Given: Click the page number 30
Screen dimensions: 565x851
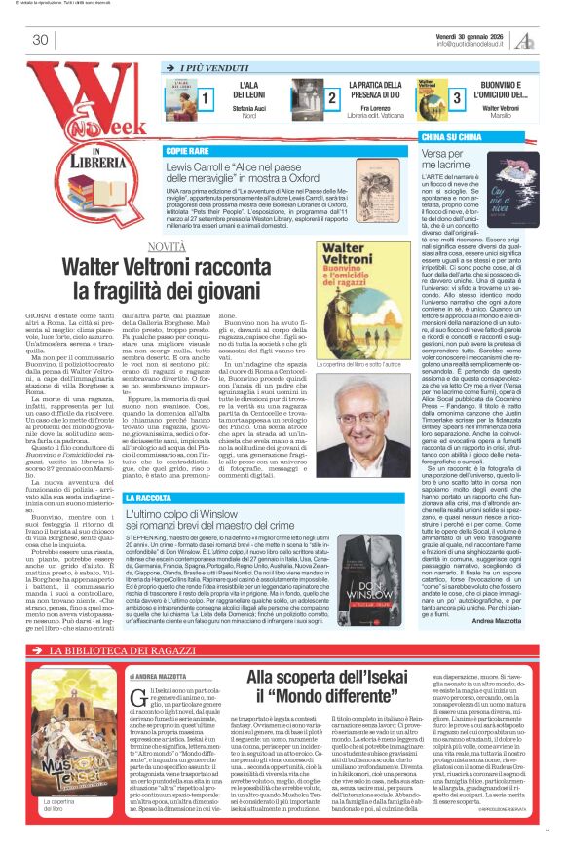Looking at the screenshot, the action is click(x=40, y=40).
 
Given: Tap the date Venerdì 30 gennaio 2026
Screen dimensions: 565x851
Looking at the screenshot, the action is click(x=478, y=34).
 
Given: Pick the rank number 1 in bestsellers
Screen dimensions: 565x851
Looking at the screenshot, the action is click(x=206, y=99).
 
